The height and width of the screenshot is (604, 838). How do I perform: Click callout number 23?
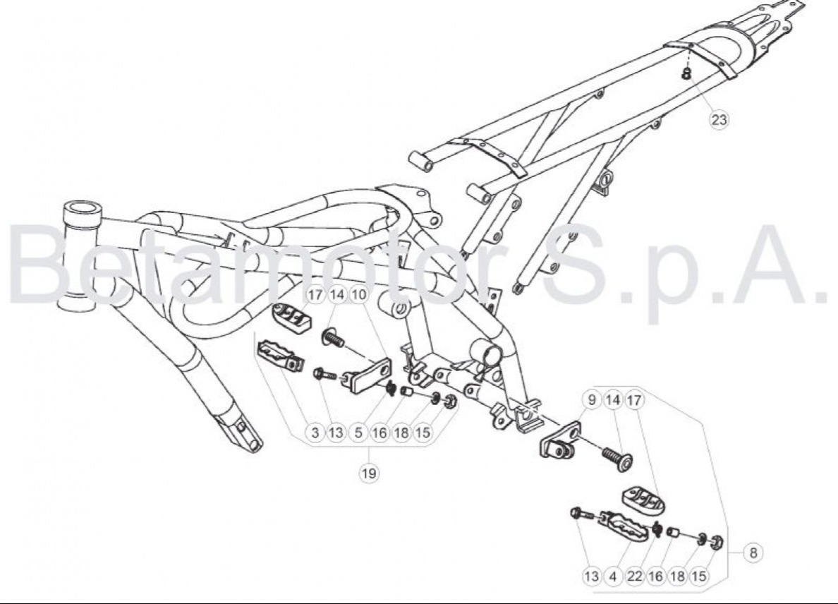click(x=719, y=119)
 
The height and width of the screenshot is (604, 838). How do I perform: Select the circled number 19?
click(x=369, y=473)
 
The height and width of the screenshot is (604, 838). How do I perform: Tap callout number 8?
click(x=753, y=552)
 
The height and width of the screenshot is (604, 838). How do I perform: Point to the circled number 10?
click(x=358, y=294)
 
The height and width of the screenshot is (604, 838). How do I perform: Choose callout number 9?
click(x=591, y=399)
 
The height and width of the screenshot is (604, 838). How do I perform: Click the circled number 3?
click(x=315, y=432)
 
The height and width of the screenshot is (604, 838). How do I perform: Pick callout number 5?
click(x=358, y=432)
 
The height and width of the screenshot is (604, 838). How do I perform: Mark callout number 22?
click(x=634, y=576)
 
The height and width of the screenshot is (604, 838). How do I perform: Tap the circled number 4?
click(x=613, y=576)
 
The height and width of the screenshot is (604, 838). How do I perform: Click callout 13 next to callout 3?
click(x=336, y=432)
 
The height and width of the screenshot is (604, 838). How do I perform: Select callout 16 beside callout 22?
click(x=656, y=576)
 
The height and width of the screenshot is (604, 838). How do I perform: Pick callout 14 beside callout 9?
click(x=613, y=399)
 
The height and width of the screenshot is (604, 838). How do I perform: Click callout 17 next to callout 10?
click(x=316, y=294)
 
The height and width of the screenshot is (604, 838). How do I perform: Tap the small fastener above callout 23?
click(x=687, y=72)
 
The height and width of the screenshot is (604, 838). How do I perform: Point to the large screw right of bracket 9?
click(x=619, y=459)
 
